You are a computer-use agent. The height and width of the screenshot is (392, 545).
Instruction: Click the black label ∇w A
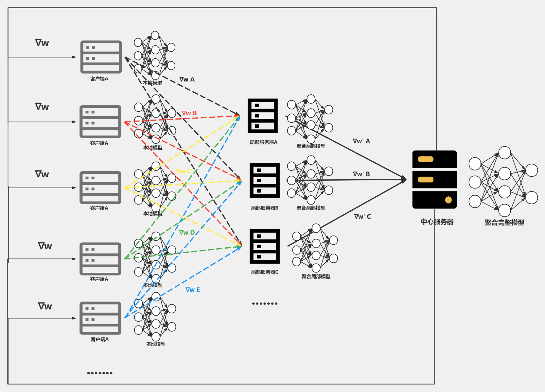click(x=187, y=79)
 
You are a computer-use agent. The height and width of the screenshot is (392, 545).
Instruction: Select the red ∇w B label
click(x=189, y=113)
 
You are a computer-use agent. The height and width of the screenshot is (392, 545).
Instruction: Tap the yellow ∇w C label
click(x=184, y=171)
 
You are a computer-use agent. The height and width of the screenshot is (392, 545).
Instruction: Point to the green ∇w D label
click(x=187, y=233)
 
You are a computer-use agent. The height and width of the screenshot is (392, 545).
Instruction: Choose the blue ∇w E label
click(x=193, y=290)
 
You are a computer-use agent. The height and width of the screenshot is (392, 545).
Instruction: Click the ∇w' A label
click(x=361, y=141)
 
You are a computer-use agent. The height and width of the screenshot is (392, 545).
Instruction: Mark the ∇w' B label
click(x=361, y=174)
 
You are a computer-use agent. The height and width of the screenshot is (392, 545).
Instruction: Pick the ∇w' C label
click(x=362, y=217)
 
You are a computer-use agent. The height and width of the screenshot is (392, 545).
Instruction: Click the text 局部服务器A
click(x=263, y=142)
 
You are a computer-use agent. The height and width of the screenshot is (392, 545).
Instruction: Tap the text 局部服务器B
click(x=264, y=208)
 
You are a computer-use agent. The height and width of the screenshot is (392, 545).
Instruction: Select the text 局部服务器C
click(x=264, y=272)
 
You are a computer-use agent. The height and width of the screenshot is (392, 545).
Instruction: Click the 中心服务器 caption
click(x=437, y=222)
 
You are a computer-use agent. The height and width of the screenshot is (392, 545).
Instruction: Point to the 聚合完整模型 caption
click(x=504, y=222)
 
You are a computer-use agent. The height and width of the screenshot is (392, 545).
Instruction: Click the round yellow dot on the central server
click(x=448, y=200)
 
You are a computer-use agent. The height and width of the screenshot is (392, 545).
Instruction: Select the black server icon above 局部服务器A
click(x=263, y=116)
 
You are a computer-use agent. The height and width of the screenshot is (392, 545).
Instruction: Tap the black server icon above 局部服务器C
click(x=264, y=246)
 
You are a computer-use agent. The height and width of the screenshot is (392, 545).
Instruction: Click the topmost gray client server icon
click(x=101, y=57)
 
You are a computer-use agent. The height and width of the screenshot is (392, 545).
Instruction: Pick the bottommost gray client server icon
click(x=100, y=318)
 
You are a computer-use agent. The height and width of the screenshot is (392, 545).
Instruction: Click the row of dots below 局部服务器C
click(x=265, y=303)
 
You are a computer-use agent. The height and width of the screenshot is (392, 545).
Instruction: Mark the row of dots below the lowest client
click(x=100, y=373)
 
